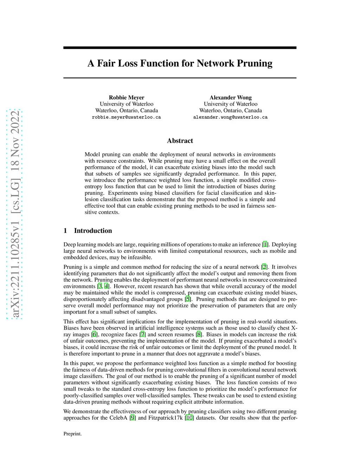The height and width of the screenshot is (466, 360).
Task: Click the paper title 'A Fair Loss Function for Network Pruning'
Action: [x=180, y=63]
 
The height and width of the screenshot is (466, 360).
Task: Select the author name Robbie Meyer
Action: [x=127, y=97]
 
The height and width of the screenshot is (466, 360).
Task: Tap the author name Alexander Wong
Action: [x=230, y=97]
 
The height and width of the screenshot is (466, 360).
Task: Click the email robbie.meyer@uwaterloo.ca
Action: [x=126, y=117]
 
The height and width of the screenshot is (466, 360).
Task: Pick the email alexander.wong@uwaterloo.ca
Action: [x=230, y=117]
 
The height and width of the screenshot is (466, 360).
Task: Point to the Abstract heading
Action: [x=180, y=141]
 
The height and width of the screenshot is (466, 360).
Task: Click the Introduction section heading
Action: [x=93, y=231]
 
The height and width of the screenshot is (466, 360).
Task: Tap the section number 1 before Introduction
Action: [x=65, y=231]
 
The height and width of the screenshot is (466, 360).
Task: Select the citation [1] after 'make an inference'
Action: [x=265, y=244]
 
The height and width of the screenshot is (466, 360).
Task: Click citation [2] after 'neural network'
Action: [x=264, y=267]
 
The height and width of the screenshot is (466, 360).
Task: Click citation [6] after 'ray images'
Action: [x=94, y=334]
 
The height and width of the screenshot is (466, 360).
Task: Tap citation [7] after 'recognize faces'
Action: [x=142, y=334]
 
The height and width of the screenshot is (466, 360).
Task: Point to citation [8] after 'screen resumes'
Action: [x=199, y=334]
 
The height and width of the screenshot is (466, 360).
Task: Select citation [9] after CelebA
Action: [x=133, y=418]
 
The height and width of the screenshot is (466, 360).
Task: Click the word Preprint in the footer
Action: [x=72, y=434]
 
